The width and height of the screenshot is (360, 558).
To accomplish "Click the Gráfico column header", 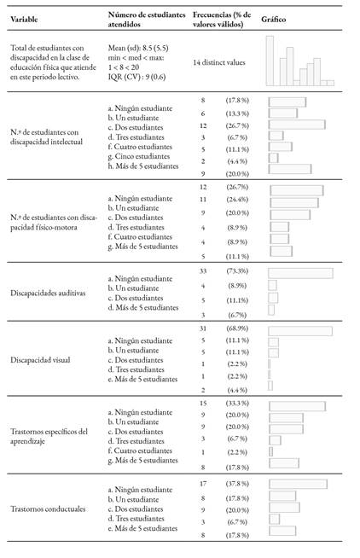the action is click(x=273, y=20).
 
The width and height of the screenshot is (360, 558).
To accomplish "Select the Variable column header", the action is click(x=24, y=20).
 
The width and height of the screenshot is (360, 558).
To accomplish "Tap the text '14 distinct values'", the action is click(x=219, y=62).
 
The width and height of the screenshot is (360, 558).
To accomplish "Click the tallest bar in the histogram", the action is click(x=270, y=61).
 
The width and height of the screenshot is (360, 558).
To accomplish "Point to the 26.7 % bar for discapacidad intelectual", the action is click(x=297, y=125).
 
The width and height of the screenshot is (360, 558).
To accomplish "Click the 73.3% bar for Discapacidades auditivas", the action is click(x=300, y=273).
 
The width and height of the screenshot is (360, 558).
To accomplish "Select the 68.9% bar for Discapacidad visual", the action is click(x=300, y=331).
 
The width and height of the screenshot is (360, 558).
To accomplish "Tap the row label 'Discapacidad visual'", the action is click(x=40, y=360).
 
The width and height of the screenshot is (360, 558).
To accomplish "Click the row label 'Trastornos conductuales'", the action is click(x=48, y=509).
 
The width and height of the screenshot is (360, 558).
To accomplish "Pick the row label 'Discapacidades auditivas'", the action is click(x=48, y=294).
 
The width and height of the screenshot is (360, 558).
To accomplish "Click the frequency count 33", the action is click(x=203, y=271).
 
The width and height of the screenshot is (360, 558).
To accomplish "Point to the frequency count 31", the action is click(x=203, y=328).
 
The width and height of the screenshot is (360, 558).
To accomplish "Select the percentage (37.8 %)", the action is click(x=237, y=484).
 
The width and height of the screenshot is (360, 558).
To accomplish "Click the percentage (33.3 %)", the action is click(x=237, y=404).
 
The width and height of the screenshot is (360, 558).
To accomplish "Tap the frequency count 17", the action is click(x=203, y=484).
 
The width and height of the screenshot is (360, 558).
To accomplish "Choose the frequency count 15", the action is click(x=203, y=404).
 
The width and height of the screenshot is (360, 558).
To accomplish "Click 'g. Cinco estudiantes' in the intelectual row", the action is click(x=139, y=156).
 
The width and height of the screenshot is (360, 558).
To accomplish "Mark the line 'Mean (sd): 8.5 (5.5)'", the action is click(x=138, y=48).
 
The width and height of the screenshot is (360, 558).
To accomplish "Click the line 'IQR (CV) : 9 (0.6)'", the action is click(x=136, y=77).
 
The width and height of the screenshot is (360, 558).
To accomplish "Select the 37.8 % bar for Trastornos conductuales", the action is click(x=298, y=484).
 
